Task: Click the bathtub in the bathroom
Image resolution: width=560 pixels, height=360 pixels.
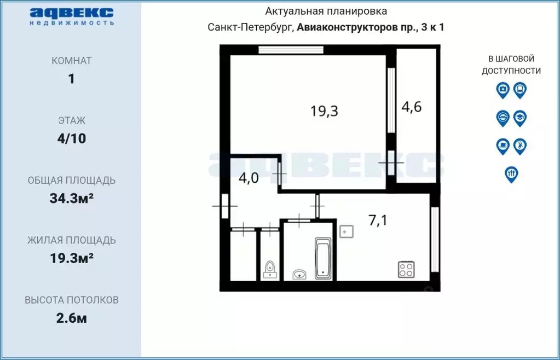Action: click(x=323, y=258)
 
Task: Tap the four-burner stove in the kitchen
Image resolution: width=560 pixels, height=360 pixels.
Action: click(x=406, y=269)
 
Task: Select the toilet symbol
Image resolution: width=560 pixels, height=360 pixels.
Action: click(x=270, y=269)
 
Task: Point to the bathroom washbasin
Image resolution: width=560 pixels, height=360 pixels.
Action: click(x=299, y=274)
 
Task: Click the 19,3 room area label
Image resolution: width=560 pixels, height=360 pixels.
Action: click(x=324, y=111)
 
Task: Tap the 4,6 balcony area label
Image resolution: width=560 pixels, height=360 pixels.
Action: click(x=412, y=107)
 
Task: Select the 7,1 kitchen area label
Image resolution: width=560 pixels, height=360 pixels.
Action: click(x=378, y=220)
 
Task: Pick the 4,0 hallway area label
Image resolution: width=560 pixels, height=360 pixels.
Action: click(x=249, y=178)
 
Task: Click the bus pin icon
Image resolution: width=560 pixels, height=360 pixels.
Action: click(x=520, y=90)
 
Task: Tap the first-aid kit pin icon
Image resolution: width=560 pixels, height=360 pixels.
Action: click(x=503, y=90)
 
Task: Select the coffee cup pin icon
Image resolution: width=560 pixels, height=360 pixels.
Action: click(x=503, y=146)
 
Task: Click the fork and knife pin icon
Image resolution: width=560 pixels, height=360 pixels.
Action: click(x=511, y=175)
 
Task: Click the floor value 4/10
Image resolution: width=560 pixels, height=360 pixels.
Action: click(x=71, y=138)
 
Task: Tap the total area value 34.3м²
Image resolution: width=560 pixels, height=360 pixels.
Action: click(x=71, y=198)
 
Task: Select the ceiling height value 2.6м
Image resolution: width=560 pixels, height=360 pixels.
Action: click(x=71, y=318)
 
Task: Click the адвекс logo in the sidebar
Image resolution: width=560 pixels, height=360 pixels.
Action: click(x=71, y=16)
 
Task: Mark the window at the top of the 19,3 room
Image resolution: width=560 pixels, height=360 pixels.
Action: click(x=291, y=50)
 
